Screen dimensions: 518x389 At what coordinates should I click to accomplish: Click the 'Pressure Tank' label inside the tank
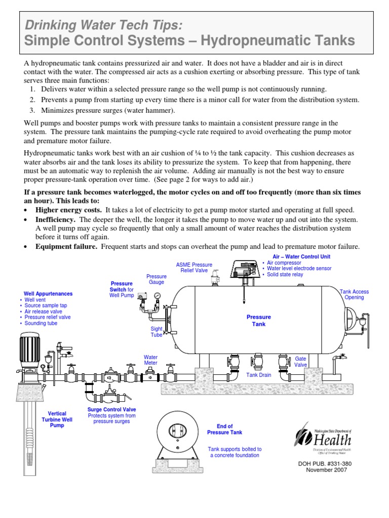(259, 320)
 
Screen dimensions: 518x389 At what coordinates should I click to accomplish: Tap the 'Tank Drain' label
(259, 375)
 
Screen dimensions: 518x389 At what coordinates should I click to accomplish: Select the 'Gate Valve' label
(301, 361)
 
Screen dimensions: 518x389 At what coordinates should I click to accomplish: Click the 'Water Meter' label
(151, 360)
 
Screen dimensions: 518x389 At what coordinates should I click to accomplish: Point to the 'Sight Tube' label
(156, 331)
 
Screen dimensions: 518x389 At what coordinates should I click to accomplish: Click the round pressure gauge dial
(158, 295)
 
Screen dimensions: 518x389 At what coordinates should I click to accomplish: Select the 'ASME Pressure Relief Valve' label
(194, 268)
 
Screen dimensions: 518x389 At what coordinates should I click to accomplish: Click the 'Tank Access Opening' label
(354, 294)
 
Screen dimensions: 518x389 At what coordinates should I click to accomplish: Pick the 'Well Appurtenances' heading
(48, 293)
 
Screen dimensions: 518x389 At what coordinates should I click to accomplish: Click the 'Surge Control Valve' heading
(111, 409)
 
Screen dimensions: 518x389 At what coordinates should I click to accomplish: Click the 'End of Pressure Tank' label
(224, 429)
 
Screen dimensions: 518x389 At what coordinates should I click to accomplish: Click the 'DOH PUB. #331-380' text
(328, 463)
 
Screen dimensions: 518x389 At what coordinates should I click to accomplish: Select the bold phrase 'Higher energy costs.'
(69, 209)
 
